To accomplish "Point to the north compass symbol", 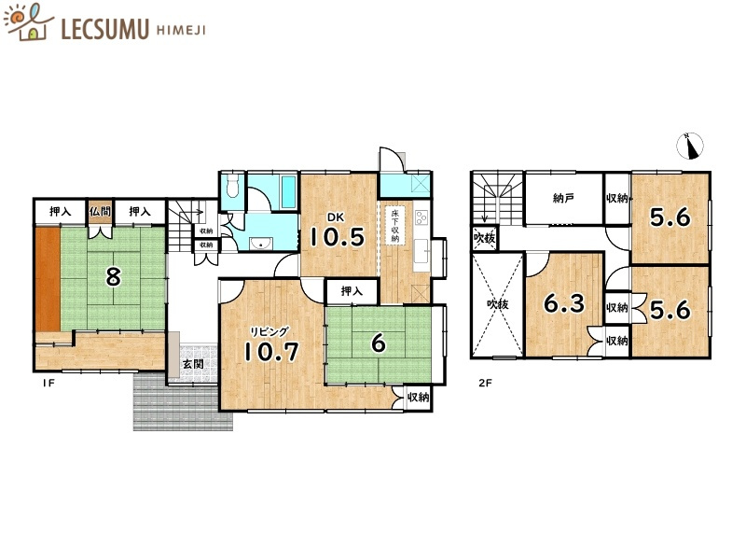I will (691, 145).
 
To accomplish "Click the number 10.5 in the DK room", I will (337, 236).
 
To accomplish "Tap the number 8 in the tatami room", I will (113, 276).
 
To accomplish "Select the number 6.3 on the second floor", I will (563, 304).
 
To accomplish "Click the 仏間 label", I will (101, 212).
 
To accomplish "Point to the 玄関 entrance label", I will (193, 363).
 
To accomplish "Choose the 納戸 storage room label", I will (562, 198).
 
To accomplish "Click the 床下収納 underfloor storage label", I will (394, 226).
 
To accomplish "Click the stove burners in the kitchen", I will (420, 218).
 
